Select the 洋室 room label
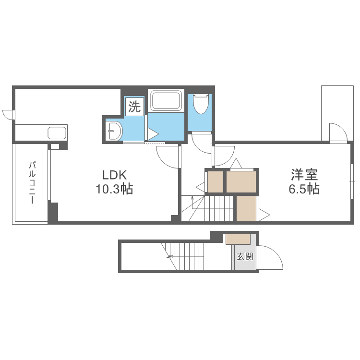point(304,174)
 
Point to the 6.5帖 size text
point(304,189)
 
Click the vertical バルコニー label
point(32,183)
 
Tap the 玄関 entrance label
point(244,256)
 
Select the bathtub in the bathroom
point(166,101)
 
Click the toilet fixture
point(200,103)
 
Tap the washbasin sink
point(114,130)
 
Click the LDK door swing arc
point(168,156)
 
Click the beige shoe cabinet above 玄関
point(238,239)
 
